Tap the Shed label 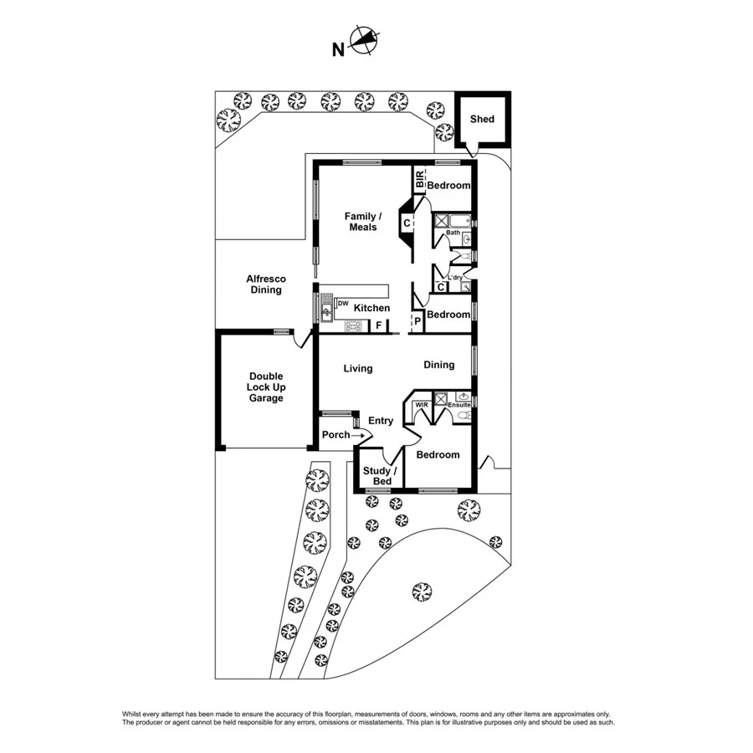pyautogui.click(x=482, y=119)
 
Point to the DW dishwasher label pyautogui.click(x=342, y=303)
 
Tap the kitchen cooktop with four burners pyautogui.click(x=351, y=327)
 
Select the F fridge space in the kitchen pyautogui.click(x=378, y=325)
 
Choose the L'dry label pyautogui.click(x=455, y=278)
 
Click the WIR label pyautogui.click(x=423, y=405)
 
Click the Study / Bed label pyautogui.click(x=377, y=476)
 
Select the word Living pyautogui.click(x=357, y=368)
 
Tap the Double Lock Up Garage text pyautogui.click(x=265, y=387)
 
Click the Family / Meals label pyautogui.click(x=361, y=222)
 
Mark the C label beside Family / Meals pyautogui.click(x=407, y=223)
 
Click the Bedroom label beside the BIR pyautogui.click(x=448, y=186)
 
